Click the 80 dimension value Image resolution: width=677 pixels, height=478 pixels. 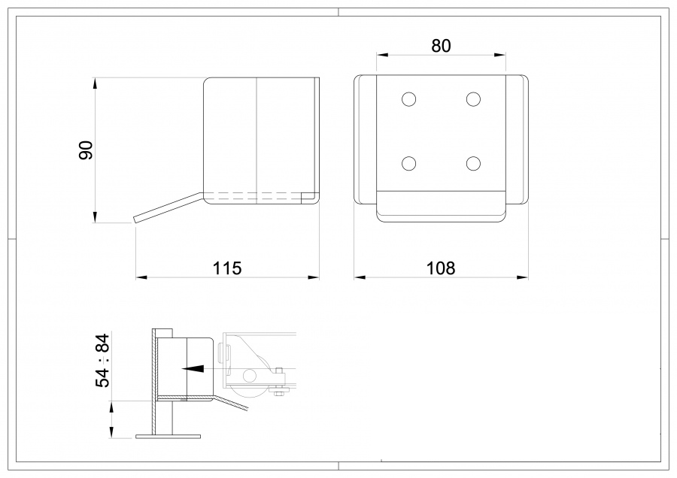coord(441,46)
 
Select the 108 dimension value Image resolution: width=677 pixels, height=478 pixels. coord(441,268)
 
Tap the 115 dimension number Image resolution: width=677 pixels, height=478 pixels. coord(227,268)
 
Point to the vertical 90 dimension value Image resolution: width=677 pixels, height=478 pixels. coord(85,150)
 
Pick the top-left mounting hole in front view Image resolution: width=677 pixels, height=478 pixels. coord(409,98)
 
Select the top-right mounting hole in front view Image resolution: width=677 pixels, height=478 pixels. coord(473,98)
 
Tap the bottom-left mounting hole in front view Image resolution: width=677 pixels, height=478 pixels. coord(409,163)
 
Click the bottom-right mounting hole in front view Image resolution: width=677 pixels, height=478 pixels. coord(473,163)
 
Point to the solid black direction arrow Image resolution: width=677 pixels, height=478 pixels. coord(194,369)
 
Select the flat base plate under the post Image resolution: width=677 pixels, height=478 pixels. coord(168,435)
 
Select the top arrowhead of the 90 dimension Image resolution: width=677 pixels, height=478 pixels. coord(96,81)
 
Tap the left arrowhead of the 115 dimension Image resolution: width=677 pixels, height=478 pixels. coord(141,277)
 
